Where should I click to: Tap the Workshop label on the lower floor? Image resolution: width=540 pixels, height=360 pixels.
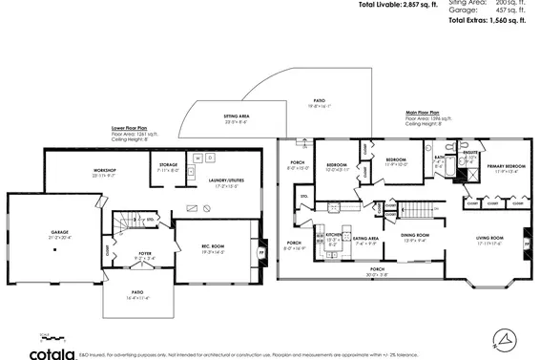(77, 173)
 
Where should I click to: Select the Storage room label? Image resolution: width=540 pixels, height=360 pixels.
(168, 165)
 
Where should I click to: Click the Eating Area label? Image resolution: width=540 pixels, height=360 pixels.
(366, 241)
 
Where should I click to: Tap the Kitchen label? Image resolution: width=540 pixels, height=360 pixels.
(333, 237)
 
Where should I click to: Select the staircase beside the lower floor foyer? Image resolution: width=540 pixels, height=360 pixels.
(122, 225)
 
